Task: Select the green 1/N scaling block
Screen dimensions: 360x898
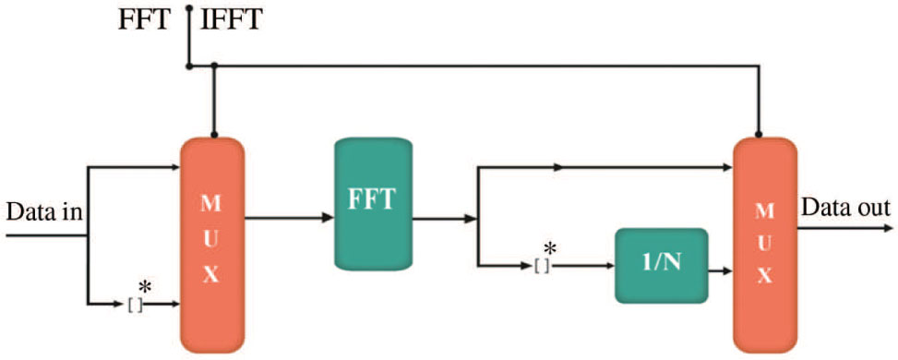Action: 661,266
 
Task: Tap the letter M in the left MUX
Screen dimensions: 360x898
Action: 211,201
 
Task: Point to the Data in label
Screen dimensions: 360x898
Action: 45,212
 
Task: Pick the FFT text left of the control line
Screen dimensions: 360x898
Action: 144,19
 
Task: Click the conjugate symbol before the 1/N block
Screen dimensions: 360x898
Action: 545,260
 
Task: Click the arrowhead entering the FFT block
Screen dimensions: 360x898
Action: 328,219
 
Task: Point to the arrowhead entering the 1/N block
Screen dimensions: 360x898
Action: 609,266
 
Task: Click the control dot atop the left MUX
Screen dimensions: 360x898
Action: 214,136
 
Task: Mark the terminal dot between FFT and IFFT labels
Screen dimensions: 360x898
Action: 188,8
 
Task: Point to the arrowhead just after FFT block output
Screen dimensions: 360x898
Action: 472,219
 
